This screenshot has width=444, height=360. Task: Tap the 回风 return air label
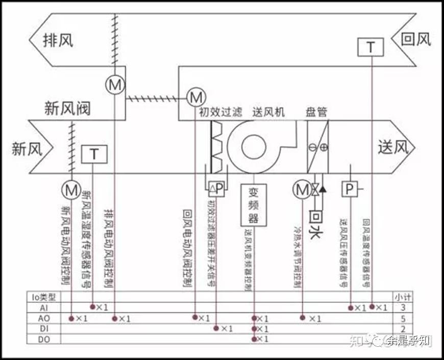[416, 39]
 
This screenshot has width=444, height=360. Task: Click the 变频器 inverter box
[254, 204]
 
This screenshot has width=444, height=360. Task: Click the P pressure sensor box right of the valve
[350, 190]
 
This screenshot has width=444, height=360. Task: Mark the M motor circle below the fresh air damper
[71, 190]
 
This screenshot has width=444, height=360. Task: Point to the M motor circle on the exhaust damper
[115, 85]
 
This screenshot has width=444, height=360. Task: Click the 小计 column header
[399, 296]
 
